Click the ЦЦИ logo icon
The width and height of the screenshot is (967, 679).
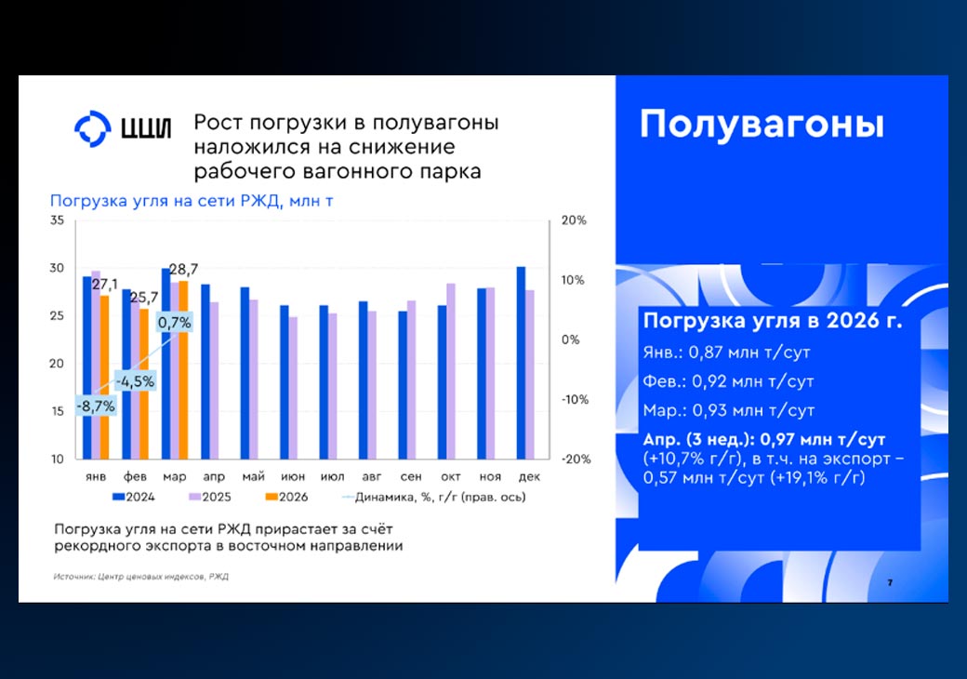pos(92,129)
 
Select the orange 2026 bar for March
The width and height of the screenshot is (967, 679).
pos(183,370)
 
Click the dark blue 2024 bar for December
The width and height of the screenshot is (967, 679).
pos(521,364)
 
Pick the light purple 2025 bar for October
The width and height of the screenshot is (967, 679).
pos(451,371)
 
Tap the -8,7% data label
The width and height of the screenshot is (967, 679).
pos(96,406)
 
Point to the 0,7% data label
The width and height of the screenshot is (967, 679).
pos(175,322)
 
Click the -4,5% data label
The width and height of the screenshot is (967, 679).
pos(135,381)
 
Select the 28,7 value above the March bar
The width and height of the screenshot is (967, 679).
pos(183,269)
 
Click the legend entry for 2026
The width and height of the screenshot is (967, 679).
pos(286,497)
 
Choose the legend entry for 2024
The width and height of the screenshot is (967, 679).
pos(134,497)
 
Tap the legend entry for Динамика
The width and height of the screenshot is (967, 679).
pos(434,497)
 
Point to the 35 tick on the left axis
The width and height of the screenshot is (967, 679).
pos(58,220)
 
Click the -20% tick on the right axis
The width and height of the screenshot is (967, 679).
pos(576,459)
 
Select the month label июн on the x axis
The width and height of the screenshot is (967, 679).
pos(293,477)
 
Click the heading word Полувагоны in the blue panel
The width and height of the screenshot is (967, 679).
pos(762,124)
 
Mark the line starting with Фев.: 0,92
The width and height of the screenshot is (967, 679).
pos(728,381)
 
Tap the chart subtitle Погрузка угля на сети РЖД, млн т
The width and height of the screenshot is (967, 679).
pos(192,201)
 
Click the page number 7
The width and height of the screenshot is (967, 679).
pos(890,583)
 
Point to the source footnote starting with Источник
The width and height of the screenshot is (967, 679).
pos(141,577)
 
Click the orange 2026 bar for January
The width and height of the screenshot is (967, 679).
pos(104,378)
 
